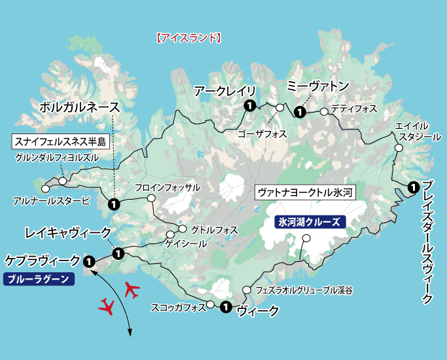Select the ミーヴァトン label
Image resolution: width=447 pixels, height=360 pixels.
coord(319,86)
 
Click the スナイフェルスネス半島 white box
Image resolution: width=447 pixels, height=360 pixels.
coord(60,141)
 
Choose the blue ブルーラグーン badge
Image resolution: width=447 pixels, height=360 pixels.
coord(39,279)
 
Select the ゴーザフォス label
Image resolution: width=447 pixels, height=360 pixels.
coord(262,134)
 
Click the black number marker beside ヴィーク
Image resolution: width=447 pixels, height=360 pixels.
coord(226,306)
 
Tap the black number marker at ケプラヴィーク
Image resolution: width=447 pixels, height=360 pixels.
coord(88,261)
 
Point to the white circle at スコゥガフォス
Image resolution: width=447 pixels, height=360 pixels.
coord(211,304)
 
